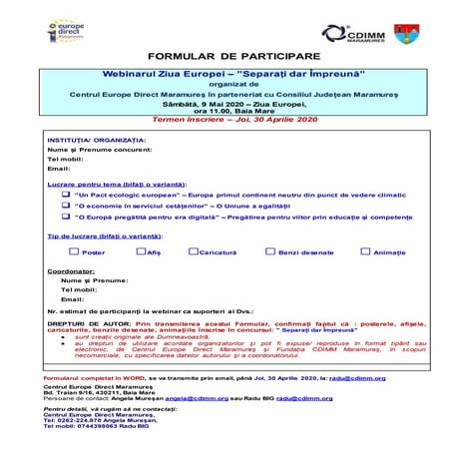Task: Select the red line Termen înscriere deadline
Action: [x=226, y=117]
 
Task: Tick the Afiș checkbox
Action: [x=137, y=252]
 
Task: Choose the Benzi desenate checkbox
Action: [x=269, y=252]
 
